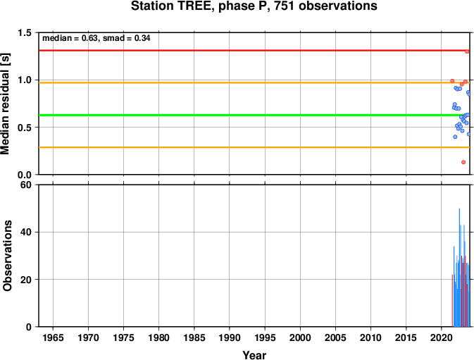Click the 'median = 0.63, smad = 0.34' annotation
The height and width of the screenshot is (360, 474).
point(96,38)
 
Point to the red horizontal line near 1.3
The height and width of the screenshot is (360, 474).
point(254,50)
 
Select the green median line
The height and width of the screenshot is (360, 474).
point(254,115)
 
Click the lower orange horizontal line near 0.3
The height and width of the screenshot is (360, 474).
point(254,147)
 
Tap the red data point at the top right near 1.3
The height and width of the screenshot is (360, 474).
point(467,51)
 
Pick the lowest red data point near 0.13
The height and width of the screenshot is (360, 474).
point(463,162)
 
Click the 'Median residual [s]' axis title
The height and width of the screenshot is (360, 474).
point(6,104)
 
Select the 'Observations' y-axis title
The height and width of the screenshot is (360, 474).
point(7,256)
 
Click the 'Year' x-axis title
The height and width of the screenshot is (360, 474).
point(254,355)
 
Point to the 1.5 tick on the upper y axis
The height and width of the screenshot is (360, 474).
point(25,32)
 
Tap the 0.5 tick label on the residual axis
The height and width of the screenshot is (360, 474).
point(25,128)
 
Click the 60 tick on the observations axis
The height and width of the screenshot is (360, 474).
point(26,185)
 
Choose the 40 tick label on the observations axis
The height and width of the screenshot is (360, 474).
point(26,232)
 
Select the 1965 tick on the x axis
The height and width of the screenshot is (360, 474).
point(54,337)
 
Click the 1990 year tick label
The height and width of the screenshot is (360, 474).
point(230,337)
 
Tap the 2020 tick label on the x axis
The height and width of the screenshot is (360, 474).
point(441,337)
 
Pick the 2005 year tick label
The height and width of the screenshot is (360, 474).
point(335,337)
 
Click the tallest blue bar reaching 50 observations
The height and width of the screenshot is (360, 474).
point(459,268)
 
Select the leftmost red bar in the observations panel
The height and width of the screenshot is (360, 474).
point(452,301)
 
